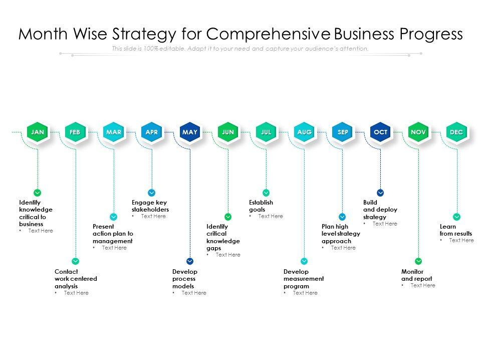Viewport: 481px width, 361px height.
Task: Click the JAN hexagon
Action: pyautogui.click(x=38, y=132)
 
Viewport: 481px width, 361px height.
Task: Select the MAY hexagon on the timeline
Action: pyautogui.click(x=190, y=132)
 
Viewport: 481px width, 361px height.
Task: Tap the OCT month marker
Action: pyautogui.click(x=380, y=132)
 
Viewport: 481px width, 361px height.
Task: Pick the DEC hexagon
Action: pyautogui.click(x=456, y=132)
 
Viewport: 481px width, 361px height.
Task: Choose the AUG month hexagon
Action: pyautogui.click(x=304, y=132)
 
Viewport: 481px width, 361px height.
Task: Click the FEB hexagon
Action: pyautogui.click(x=75, y=132)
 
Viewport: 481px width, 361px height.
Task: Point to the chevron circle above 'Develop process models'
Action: pyautogui.click(x=190, y=261)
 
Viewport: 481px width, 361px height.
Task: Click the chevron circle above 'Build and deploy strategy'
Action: pyautogui.click(x=380, y=193)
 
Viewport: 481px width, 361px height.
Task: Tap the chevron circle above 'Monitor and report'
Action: pyautogui.click(x=418, y=261)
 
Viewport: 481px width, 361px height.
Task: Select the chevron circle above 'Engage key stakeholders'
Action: pyautogui.click(x=152, y=193)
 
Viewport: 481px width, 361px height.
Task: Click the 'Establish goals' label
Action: pyautogui.click(x=261, y=206)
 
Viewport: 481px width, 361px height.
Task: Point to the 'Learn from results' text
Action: pyautogui.click(x=455, y=230)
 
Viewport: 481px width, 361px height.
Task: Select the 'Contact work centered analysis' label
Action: pyautogui.click(x=76, y=279)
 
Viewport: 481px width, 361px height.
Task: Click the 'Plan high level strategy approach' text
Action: pyautogui.click(x=341, y=234)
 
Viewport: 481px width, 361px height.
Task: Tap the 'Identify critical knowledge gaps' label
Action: pyautogui.click(x=223, y=237)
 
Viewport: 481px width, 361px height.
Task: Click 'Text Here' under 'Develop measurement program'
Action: pyautogui.click(x=305, y=293)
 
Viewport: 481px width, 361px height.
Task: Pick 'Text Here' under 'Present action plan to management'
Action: pyautogui.click(x=114, y=248)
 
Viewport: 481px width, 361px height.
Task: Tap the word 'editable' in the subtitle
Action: pyautogui.click(x=169, y=49)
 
